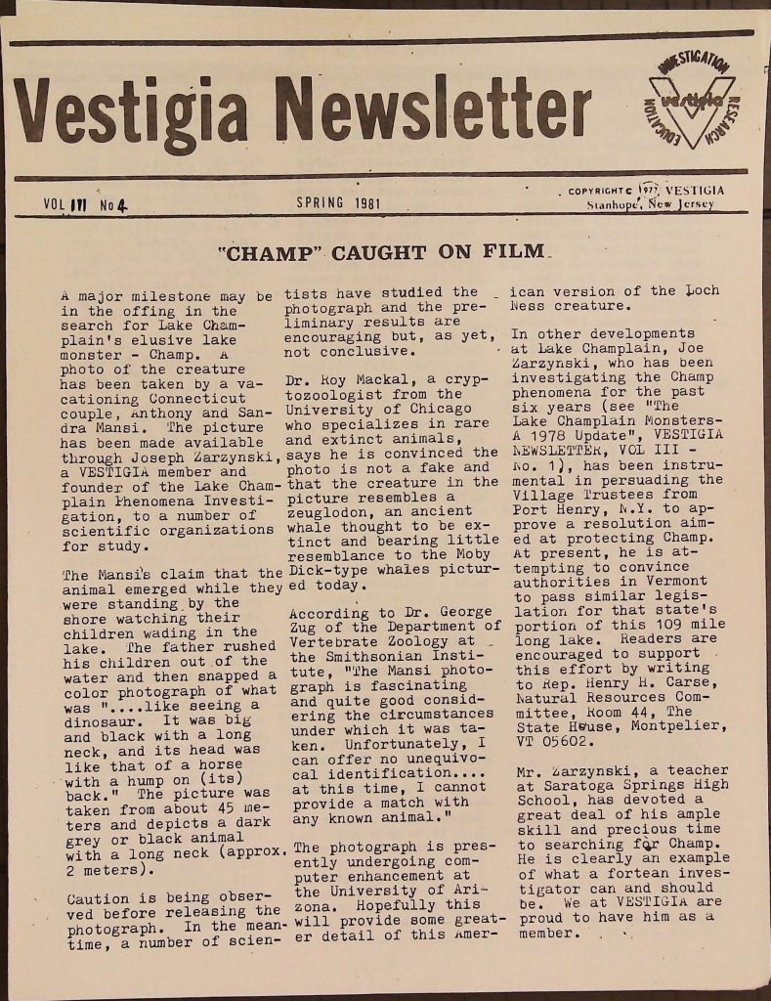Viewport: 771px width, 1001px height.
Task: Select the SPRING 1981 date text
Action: (x=338, y=203)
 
